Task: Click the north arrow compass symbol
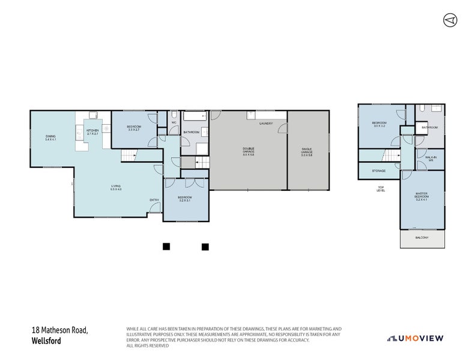[x=450, y=20]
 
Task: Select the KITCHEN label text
[x=92, y=130]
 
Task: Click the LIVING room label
[x=115, y=186]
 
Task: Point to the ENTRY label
[x=154, y=199]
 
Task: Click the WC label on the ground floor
[x=173, y=122]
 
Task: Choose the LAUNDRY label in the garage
[x=265, y=124]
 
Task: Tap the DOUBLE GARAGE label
[x=248, y=151]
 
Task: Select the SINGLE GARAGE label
[x=307, y=151]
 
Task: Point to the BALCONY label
[x=423, y=238]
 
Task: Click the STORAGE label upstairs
[x=378, y=170]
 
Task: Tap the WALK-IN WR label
[x=431, y=158]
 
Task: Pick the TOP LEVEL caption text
[x=381, y=188]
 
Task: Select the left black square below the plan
[x=166, y=246]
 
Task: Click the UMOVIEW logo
[x=415, y=338]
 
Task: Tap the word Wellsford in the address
[x=46, y=341]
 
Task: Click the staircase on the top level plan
[x=392, y=157]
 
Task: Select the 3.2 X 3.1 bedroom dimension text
[x=185, y=200]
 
